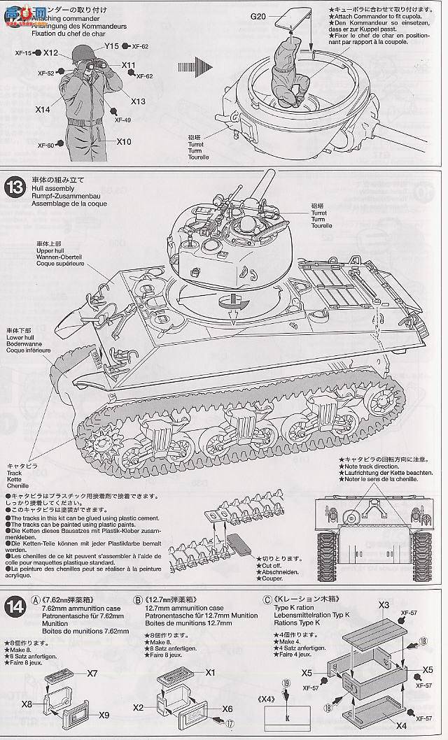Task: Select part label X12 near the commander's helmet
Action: point(50,52)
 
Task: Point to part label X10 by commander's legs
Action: point(124,142)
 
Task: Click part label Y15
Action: point(111,46)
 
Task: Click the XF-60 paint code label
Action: point(45,145)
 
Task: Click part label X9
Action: point(104,714)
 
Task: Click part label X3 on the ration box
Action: point(384,604)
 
